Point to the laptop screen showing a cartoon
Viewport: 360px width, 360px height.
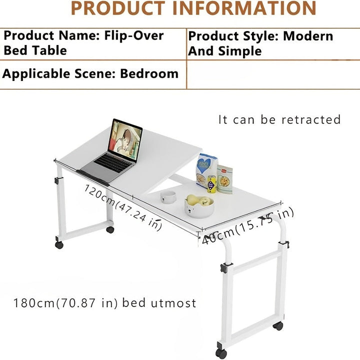[126, 137]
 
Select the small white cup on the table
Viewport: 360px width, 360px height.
[167, 195]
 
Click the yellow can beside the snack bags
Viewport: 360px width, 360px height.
[212, 183]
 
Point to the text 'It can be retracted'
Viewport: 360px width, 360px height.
[279, 120]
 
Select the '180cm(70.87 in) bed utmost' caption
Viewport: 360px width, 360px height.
[105, 303]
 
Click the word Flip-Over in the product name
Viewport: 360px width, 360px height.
[134, 36]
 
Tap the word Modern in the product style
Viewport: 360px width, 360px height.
[308, 36]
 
